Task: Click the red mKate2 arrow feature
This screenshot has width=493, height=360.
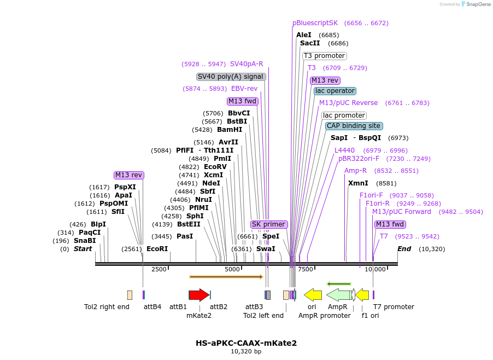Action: pyautogui.click(x=198, y=295)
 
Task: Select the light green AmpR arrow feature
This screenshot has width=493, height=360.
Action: pyautogui.click(x=339, y=295)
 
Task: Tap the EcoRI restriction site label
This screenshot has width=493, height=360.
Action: pyautogui.click(x=157, y=248)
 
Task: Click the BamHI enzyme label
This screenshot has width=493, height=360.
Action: pyautogui.click(x=230, y=130)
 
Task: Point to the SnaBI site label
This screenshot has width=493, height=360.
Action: pyautogui.click(x=85, y=241)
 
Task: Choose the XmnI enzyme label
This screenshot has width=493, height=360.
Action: pyautogui.click(x=358, y=183)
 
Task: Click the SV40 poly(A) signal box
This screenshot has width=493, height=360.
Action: pyautogui.click(x=231, y=77)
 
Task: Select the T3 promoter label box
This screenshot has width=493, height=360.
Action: pyautogui.click(x=325, y=56)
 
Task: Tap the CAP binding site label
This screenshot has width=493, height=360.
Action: pyautogui.click(x=354, y=126)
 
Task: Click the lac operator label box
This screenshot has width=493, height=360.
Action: pyautogui.click(x=335, y=91)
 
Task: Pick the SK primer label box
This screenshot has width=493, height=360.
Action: pyautogui.click(x=269, y=224)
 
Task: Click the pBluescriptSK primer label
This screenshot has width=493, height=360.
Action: pyautogui.click(x=315, y=23)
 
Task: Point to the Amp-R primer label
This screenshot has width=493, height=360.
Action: pyautogui.click(x=355, y=171)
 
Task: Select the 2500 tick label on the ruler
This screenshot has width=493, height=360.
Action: pyautogui.click(x=159, y=269)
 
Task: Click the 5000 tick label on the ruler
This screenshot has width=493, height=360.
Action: pyautogui.click(x=232, y=269)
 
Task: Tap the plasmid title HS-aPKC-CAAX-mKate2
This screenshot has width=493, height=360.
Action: pyautogui.click(x=246, y=343)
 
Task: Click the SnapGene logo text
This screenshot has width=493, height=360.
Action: pyautogui.click(x=478, y=4)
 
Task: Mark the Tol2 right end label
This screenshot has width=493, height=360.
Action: pyautogui.click(x=107, y=307)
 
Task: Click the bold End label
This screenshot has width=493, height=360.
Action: pyautogui.click(x=404, y=249)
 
